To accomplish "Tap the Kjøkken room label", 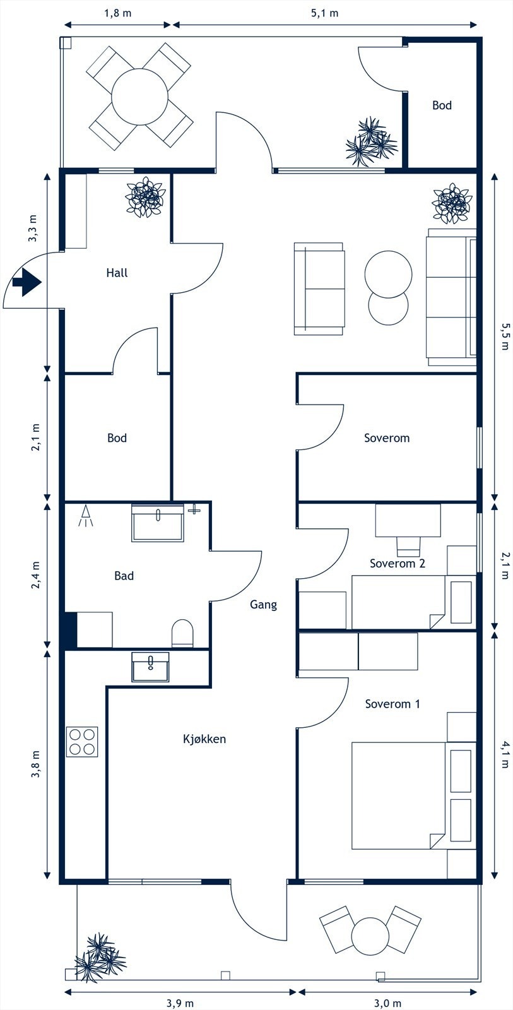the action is (x=204, y=739).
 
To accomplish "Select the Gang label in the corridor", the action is (x=263, y=605).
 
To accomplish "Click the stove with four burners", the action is (x=82, y=742).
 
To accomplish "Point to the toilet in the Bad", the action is (x=182, y=633).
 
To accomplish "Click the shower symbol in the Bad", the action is (x=86, y=516).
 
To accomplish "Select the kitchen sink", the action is (x=150, y=667).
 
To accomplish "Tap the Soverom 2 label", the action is (x=397, y=563).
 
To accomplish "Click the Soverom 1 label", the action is (x=392, y=704).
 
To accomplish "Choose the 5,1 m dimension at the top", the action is (x=324, y=13).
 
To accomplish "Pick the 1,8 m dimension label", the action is (x=117, y=13).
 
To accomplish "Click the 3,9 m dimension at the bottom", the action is (x=180, y=1003).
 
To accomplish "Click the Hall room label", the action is (x=117, y=273).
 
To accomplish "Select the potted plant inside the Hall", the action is (x=146, y=197).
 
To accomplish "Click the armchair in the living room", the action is (x=319, y=288).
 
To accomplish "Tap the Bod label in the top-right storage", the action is (x=442, y=105).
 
